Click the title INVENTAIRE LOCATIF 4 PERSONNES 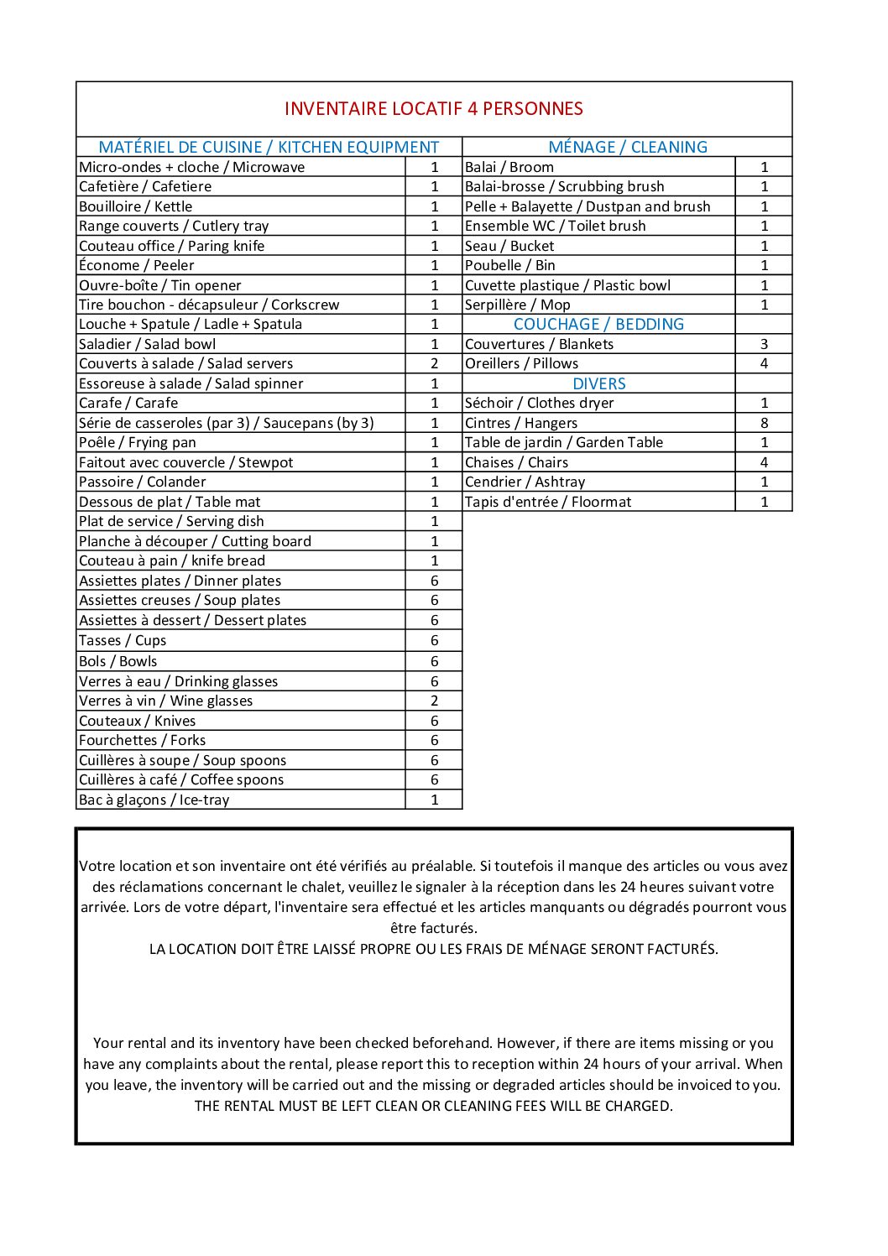[x=433, y=108]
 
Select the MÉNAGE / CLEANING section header [x=627, y=147]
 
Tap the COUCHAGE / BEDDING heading [x=598, y=324]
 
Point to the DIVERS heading [x=598, y=383]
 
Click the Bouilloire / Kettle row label [x=135, y=206]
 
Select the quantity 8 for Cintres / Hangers [x=764, y=423]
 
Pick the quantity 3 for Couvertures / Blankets [x=764, y=344]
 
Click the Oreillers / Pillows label [x=521, y=363]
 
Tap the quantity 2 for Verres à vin [x=434, y=701]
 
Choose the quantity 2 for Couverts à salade [x=434, y=363]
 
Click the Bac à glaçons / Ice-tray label [x=154, y=800]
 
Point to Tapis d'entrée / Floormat [x=547, y=502]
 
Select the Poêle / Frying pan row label [x=137, y=442]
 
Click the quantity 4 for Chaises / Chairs [x=764, y=462]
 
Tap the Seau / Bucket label [x=509, y=246]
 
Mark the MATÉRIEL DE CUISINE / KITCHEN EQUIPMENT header [x=269, y=147]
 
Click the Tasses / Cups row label [x=123, y=640]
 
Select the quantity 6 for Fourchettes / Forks [x=434, y=740]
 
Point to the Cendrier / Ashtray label [x=525, y=482]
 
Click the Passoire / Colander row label [x=142, y=482]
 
